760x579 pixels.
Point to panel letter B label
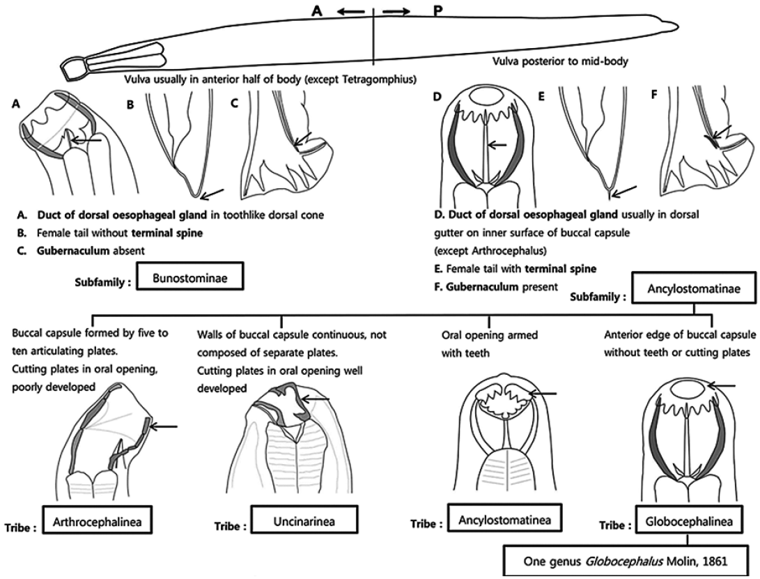pos(130,107)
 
